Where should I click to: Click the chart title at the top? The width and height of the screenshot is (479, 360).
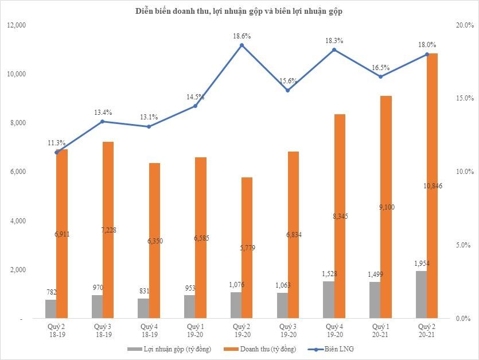[x=239, y=11]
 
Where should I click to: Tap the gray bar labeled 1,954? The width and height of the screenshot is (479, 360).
[x=420, y=295]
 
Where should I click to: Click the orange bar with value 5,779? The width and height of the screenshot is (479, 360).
[x=247, y=247]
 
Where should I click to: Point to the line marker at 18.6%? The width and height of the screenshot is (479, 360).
[x=242, y=45]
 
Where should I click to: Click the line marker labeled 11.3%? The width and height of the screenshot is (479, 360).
[x=57, y=152]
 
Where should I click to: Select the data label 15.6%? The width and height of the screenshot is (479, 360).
[x=288, y=81]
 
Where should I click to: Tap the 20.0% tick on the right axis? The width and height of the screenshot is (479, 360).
[x=462, y=25]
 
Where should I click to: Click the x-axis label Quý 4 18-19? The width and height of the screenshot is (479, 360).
[x=149, y=330]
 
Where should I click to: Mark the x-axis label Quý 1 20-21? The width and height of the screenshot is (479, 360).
[x=380, y=330]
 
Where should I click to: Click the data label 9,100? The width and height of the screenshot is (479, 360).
[x=387, y=207]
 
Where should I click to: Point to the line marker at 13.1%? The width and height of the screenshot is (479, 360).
[x=149, y=126]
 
